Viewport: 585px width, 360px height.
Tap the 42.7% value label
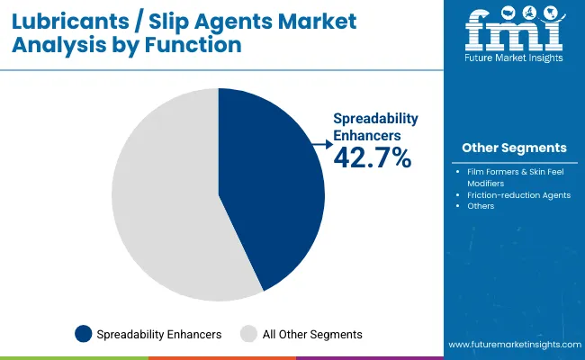pos(372,159)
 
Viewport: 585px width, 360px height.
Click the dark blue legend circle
pos(83,334)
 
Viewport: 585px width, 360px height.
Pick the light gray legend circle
pos(249,334)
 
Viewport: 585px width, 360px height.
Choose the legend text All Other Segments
pos(311,334)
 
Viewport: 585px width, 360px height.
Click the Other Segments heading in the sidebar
pos(514,147)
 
